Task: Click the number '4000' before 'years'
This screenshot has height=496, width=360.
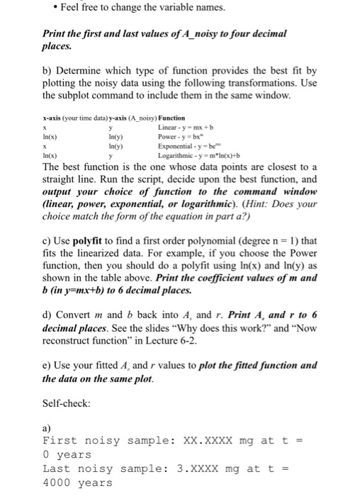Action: [57, 483]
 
